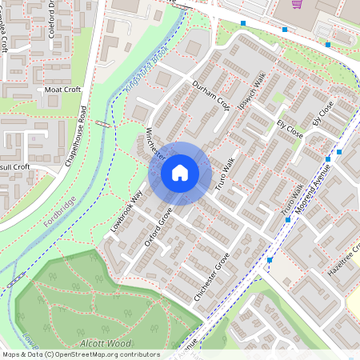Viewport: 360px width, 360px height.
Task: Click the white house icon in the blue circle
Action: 180,173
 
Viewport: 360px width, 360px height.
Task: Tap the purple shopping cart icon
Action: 297,4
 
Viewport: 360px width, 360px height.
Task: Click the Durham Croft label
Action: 210,95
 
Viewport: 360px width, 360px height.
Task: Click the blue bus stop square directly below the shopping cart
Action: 286,30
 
